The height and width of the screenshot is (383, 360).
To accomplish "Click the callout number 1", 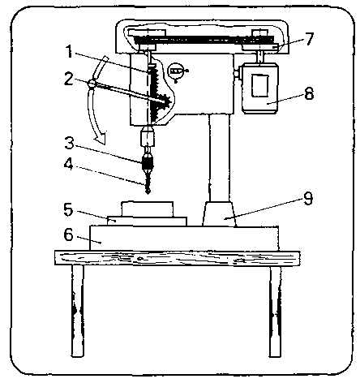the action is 70,51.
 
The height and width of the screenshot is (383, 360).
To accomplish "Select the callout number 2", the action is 69,79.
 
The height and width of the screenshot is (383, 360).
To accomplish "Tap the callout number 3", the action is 69,143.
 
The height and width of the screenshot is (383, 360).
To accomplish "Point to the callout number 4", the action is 69,164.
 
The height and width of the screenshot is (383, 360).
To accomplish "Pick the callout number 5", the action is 68,209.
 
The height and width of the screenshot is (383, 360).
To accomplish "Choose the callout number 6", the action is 68,235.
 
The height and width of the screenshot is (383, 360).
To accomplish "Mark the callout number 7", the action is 308,39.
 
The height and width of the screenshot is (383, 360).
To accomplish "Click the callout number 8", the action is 309,93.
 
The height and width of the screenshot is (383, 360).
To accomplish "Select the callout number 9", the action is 308,199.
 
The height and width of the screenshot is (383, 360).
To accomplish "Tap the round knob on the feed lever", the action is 92,84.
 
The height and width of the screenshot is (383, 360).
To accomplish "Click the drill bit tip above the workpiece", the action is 148,192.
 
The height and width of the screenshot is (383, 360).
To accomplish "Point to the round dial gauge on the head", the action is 176,71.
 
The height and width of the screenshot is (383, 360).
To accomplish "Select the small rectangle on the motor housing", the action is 260,85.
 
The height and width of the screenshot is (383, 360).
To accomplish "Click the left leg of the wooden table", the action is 78,311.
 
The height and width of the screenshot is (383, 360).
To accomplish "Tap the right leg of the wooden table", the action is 275,311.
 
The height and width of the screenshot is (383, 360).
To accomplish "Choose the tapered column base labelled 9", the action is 219,214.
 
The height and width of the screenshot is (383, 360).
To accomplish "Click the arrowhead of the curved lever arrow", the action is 100,137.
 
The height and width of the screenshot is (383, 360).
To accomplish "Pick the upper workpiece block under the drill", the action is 148,209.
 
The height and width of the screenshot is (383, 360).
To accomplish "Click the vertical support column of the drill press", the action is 219,157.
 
